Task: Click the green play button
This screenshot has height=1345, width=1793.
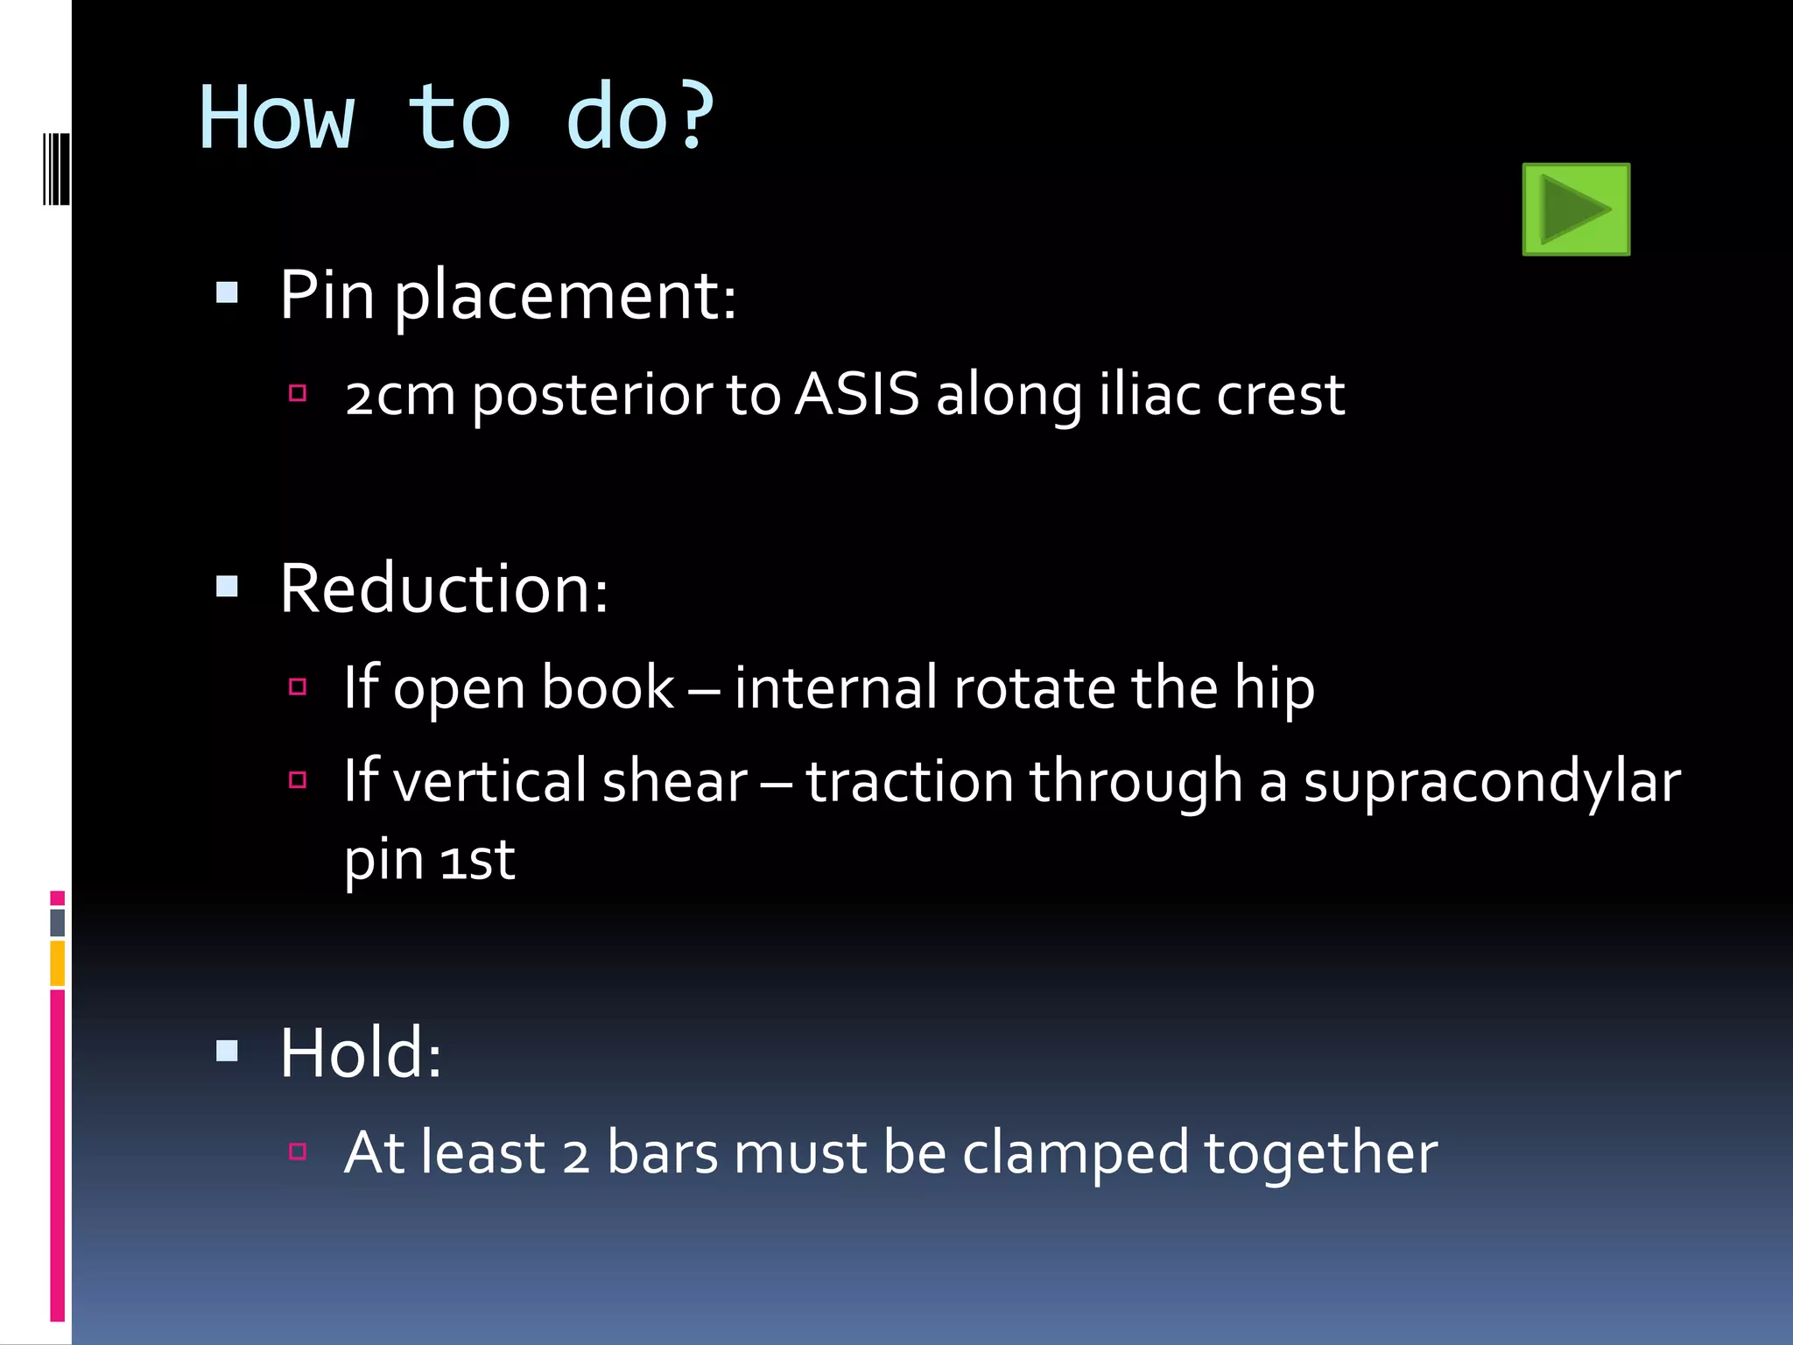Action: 1576,209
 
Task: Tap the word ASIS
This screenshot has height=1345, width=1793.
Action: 857,394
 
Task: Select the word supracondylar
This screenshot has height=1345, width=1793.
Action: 1492,781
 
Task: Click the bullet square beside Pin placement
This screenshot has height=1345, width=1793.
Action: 227,292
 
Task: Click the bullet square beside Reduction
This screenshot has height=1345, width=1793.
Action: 227,586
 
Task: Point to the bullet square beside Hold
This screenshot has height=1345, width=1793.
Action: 227,1050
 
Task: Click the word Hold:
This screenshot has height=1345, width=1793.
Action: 361,1053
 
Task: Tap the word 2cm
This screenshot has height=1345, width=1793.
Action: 400,396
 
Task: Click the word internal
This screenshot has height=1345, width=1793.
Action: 835,687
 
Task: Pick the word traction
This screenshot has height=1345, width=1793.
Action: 910,781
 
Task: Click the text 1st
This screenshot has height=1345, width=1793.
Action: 477,861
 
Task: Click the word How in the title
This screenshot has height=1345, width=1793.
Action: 277,118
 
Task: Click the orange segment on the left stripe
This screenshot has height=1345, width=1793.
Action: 57,963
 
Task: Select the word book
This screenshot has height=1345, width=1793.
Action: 608,687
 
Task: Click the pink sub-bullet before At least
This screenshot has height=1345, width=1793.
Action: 298,1151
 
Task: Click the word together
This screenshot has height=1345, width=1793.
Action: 1320,1154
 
